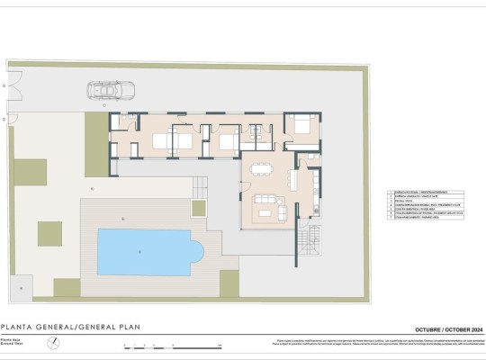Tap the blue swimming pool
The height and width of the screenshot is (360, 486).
[x=144, y=252]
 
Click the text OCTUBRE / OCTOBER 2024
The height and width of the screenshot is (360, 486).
[x=446, y=329]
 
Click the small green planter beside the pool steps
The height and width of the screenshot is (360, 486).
[x=198, y=207]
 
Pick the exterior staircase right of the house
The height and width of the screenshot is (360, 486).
[x=312, y=239]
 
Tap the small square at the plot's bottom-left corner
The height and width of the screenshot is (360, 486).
[x=19, y=288]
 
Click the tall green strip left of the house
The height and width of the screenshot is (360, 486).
[x=94, y=136]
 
